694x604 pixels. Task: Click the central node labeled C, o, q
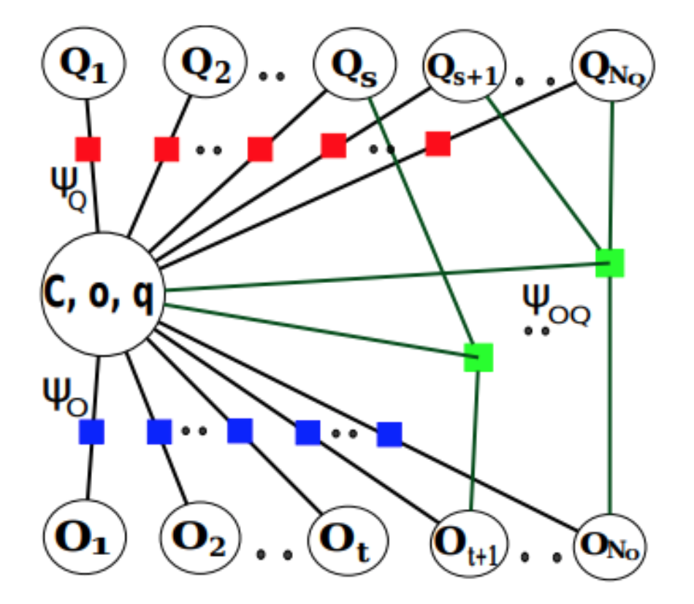coord(102,295)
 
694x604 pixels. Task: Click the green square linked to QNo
coord(609,263)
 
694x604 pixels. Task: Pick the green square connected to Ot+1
coord(479,357)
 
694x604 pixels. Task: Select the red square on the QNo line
coord(438,143)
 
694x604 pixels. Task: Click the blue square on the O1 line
coord(91,431)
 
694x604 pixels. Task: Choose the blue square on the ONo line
coord(389,434)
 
